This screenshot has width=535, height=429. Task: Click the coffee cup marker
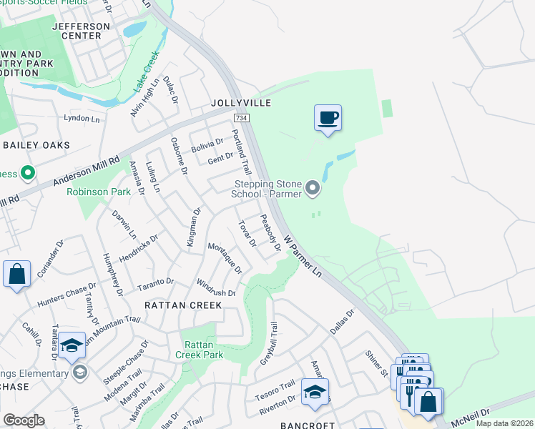coord(328,118)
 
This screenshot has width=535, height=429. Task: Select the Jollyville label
coord(241,104)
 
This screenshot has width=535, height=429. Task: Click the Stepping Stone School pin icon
coord(313,188)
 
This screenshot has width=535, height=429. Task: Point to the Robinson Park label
coord(99,192)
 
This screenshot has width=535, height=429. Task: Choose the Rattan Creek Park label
coord(200,349)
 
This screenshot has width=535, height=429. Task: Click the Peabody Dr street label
coord(270,233)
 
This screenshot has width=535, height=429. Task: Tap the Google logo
coord(24,420)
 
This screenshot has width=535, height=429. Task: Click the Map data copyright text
coord(504,423)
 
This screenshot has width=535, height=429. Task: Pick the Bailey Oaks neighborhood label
coord(36,145)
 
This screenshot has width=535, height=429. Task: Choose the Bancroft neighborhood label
coord(307,425)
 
